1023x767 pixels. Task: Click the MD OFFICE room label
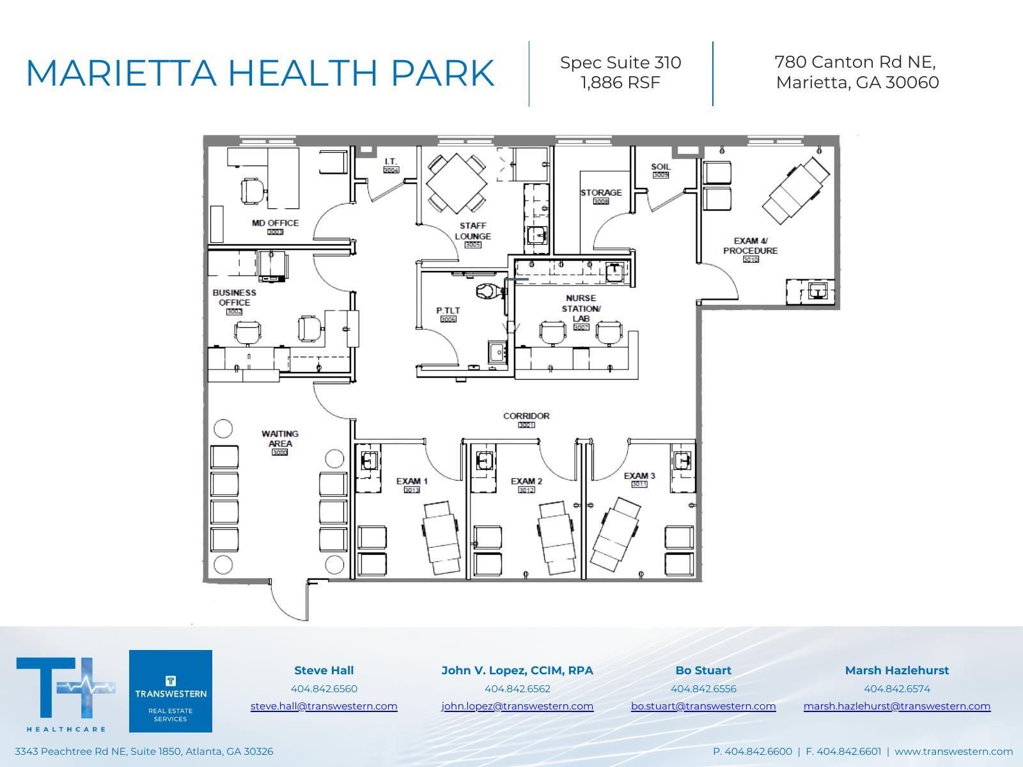tap(275, 223)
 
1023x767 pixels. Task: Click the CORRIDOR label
tap(526, 416)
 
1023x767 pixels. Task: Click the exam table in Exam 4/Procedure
tap(795, 190)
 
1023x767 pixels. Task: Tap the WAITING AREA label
tap(280, 438)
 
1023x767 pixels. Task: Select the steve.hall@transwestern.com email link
tap(324, 706)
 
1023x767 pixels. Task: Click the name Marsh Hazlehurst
tap(896, 670)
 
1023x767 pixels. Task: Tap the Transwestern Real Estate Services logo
tap(171, 691)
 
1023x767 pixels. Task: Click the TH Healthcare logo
tap(66, 693)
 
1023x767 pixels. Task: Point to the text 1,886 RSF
tap(620, 82)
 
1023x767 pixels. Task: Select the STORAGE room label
tap(600, 192)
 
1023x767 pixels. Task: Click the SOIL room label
tap(660, 167)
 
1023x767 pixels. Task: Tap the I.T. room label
tap(391, 162)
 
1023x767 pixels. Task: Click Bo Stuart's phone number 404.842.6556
tap(703, 688)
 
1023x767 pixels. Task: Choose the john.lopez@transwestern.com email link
tap(517, 706)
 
